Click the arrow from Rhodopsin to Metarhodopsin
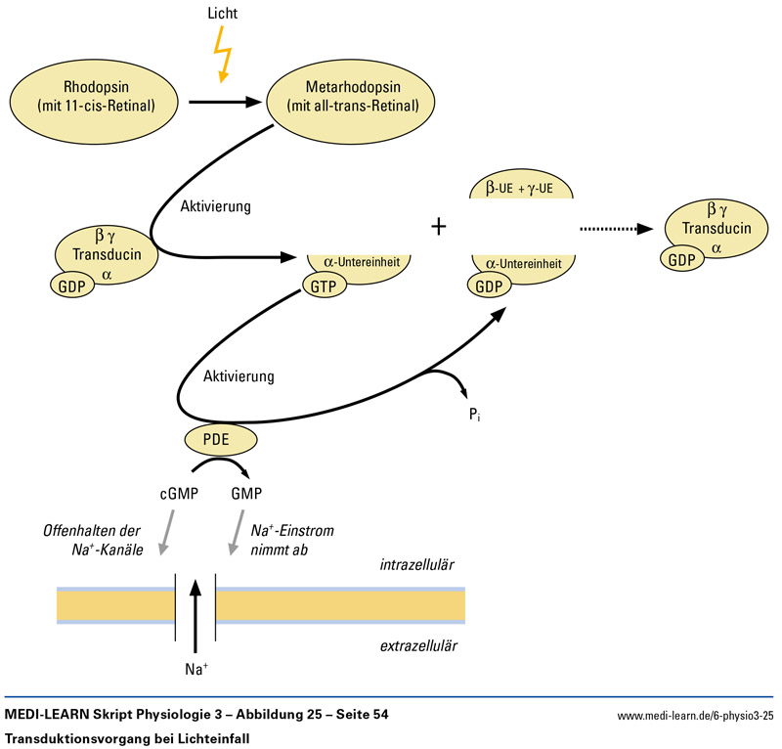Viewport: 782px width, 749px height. pos(226,100)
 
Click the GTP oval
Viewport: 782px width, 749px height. pos(323,285)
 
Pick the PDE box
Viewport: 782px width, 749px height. pos(217,438)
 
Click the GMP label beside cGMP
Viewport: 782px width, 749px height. pos(247,494)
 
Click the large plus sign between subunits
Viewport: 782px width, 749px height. pos(439,227)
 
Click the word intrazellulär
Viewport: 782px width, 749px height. pos(418,564)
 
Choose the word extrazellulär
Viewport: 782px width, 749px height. pos(419,646)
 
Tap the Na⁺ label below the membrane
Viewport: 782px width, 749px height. pos(196,670)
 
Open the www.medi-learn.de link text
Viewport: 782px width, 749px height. pos(695,717)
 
